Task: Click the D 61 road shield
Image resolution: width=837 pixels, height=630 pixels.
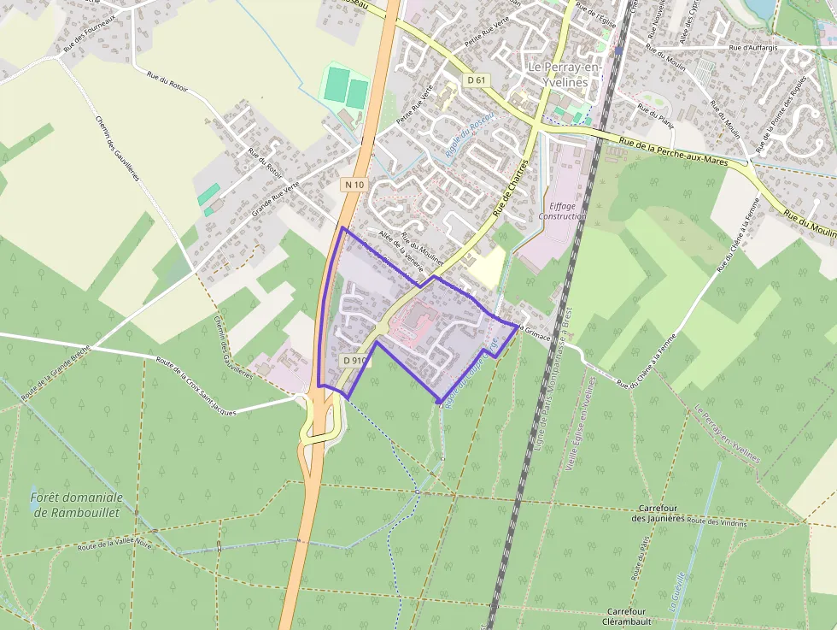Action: tap(477, 79)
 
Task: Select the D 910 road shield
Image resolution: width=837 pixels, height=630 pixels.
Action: tap(354, 361)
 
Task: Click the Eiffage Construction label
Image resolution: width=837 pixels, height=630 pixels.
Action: tap(562, 210)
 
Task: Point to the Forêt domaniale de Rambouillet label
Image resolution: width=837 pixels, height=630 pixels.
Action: tap(76, 503)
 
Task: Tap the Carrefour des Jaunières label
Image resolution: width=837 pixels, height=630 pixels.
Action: tap(658, 513)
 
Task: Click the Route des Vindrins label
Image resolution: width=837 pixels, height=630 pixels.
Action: tap(717, 521)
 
